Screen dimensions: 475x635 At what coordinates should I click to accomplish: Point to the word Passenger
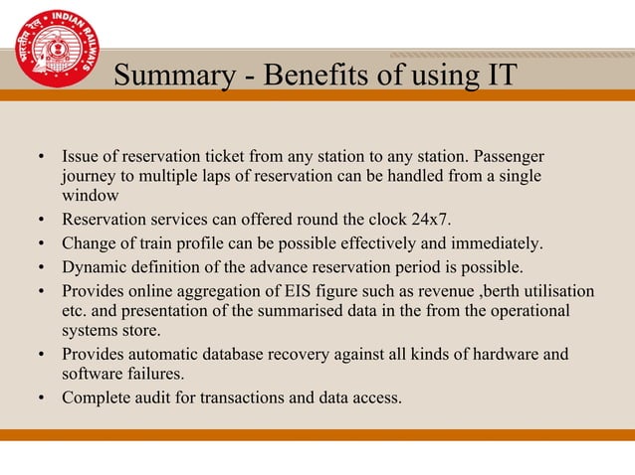[x=510, y=157]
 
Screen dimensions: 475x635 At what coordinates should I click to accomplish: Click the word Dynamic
[x=95, y=266]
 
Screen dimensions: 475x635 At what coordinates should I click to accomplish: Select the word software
[x=93, y=374]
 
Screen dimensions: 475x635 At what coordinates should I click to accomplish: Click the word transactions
[x=246, y=397]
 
